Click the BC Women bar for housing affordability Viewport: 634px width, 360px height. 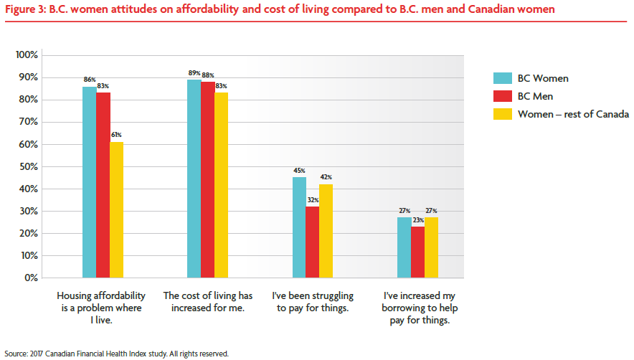[x=89, y=182]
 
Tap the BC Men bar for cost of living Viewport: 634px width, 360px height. [x=207, y=179]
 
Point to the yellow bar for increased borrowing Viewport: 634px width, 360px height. [x=431, y=247]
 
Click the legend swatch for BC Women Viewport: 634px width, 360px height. [x=502, y=79]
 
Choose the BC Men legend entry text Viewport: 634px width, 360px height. [x=536, y=96]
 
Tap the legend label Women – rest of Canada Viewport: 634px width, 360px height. [x=573, y=114]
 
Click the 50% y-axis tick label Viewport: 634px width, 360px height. [x=29, y=166]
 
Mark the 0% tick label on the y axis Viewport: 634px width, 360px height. [x=32, y=278]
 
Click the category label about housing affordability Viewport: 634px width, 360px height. [x=100, y=308]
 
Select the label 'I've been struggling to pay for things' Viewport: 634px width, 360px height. [x=313, y=302]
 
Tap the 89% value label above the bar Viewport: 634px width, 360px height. [x=194, y=73]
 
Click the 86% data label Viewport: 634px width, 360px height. [x=90, y=80]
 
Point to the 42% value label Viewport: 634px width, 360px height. [x=326, y=177]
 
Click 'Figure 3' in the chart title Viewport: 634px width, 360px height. [x=25, y=11]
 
